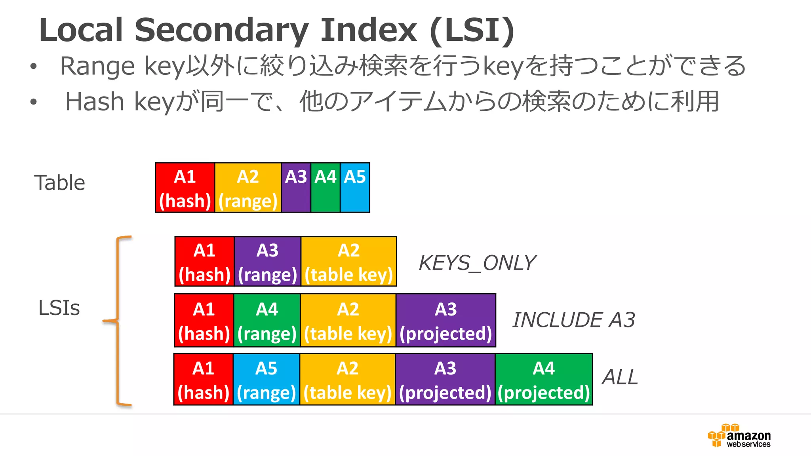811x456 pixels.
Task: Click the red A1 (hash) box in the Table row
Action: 185,188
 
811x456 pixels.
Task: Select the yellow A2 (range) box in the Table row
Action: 248,188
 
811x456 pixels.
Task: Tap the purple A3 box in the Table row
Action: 296,188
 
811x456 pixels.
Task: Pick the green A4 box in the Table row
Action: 325,188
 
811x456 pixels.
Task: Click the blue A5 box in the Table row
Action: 355,188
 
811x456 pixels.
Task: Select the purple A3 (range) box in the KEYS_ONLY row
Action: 267,261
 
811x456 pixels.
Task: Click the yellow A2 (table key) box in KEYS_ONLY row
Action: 348,261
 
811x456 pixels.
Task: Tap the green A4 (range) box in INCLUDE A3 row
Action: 267,320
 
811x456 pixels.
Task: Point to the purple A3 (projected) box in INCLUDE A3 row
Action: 446,320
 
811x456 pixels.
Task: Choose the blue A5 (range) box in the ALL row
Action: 266,379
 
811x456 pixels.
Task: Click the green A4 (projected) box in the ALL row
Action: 544,379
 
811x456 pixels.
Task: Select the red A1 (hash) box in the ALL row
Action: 204,379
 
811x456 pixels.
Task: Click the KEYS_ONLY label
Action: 477,263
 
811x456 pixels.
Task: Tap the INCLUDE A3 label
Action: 573,320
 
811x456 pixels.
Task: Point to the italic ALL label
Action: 620,377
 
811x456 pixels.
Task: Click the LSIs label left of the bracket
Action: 59,308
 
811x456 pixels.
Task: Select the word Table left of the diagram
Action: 60,182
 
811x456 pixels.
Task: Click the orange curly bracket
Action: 118,321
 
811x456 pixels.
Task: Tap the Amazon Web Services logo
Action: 739,436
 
